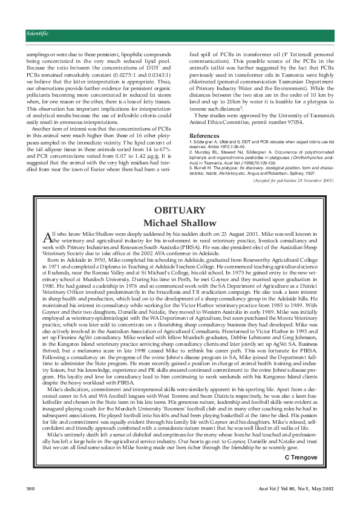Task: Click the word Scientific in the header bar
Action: click(38, 34)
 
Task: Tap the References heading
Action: click(204, 135)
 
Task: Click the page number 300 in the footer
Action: click(31, 487)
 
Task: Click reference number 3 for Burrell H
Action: click(191, 166)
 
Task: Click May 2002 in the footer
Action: click(319, 487)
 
